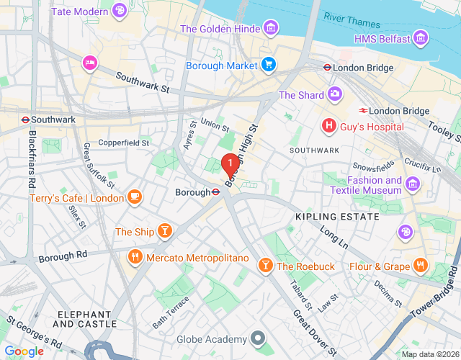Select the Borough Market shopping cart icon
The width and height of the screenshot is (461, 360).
pos(269,65)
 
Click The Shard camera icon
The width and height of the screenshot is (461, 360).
pos(335,94)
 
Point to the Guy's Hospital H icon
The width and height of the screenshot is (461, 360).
pos(329,126)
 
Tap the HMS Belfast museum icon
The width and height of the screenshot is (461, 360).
pos(422,38)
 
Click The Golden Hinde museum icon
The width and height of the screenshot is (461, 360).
pos(271,29)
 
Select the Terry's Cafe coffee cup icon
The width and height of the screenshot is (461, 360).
pos(135,197)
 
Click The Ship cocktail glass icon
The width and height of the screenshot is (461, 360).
pos(165,231)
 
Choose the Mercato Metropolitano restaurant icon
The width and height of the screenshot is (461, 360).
pos(135,258)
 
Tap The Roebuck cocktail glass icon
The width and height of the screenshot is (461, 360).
pos(265,266)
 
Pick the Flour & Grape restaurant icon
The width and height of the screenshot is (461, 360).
pos(421,266)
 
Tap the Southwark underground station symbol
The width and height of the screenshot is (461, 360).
pos(24,120)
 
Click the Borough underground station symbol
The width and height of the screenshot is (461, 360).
pos(215,192)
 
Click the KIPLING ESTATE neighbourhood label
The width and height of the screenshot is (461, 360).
pos(337,216)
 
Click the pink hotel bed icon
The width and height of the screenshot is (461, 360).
pos(90,63)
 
